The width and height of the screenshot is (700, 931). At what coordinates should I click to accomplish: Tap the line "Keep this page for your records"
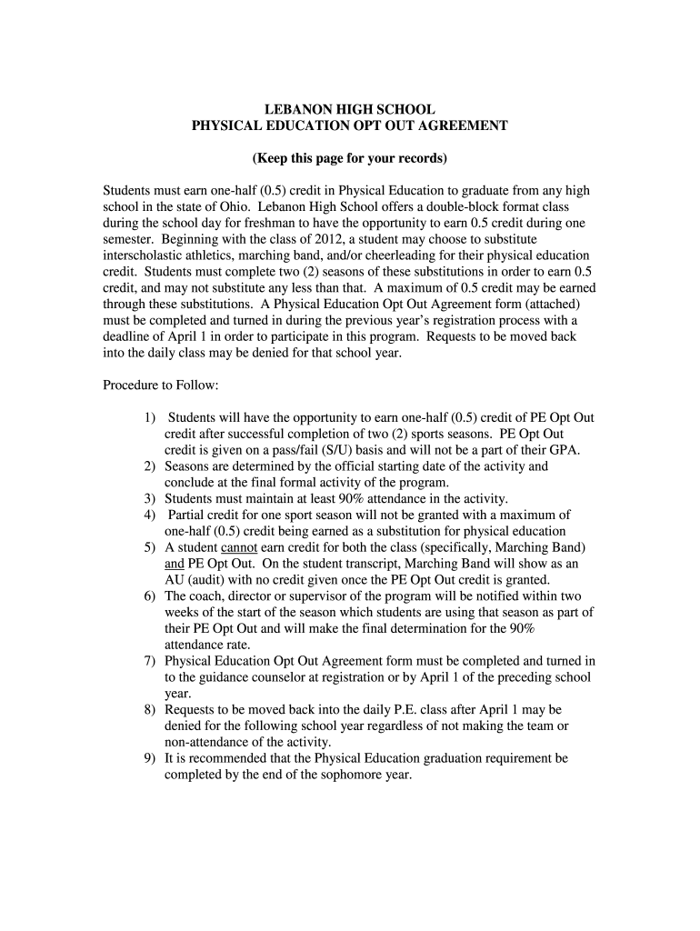(x=350, y=158)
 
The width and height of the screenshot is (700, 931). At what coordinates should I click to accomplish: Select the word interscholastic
(x=143, y=255)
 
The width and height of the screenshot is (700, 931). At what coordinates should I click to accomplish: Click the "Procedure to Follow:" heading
(x=160, y=385)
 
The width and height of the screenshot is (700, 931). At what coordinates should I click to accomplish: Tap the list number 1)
(x=149, y=417)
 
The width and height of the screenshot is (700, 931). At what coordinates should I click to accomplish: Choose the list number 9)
(x=149, y=758)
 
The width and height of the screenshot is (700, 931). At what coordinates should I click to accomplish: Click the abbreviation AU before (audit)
(x=175, y=581)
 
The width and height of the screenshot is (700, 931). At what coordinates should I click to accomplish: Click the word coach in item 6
(x=205, y=597)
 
